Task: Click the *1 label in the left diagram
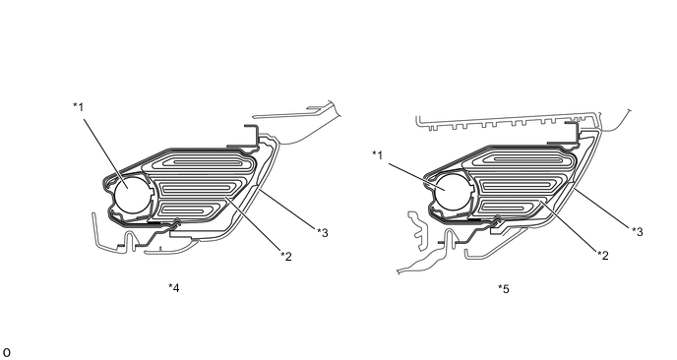coord(78,106)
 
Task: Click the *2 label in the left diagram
coord(286,257)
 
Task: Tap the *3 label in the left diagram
coord(323,233)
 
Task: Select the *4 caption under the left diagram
coord(174,287)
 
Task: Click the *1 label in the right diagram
coord(378,155)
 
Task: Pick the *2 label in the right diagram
coord(603,256)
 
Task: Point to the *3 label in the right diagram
coord(638,232)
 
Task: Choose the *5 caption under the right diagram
coord(504,289)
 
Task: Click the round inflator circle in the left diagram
coord(132,194)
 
